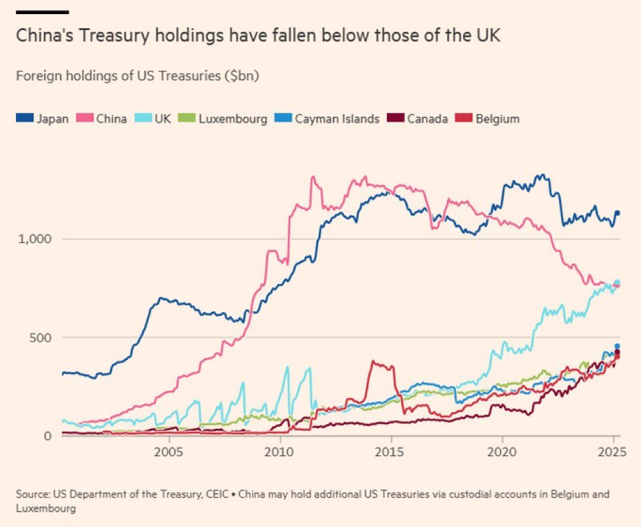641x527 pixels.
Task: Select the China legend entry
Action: (103, 119)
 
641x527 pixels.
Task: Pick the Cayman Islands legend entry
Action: (330, 119)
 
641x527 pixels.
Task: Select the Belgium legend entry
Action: (489, 119)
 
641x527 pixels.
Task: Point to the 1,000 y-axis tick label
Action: (33, 239)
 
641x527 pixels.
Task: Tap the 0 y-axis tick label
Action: (47, 435)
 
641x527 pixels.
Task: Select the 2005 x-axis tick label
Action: (168, 451)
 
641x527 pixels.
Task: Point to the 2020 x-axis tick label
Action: (502, 451)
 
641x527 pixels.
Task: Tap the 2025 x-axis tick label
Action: (611, 451)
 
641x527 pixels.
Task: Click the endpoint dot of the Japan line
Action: (618, 212)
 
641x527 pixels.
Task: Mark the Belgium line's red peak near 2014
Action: (374, 362)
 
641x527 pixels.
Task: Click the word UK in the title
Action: (487, 35)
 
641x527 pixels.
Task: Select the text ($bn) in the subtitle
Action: (243, 75)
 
